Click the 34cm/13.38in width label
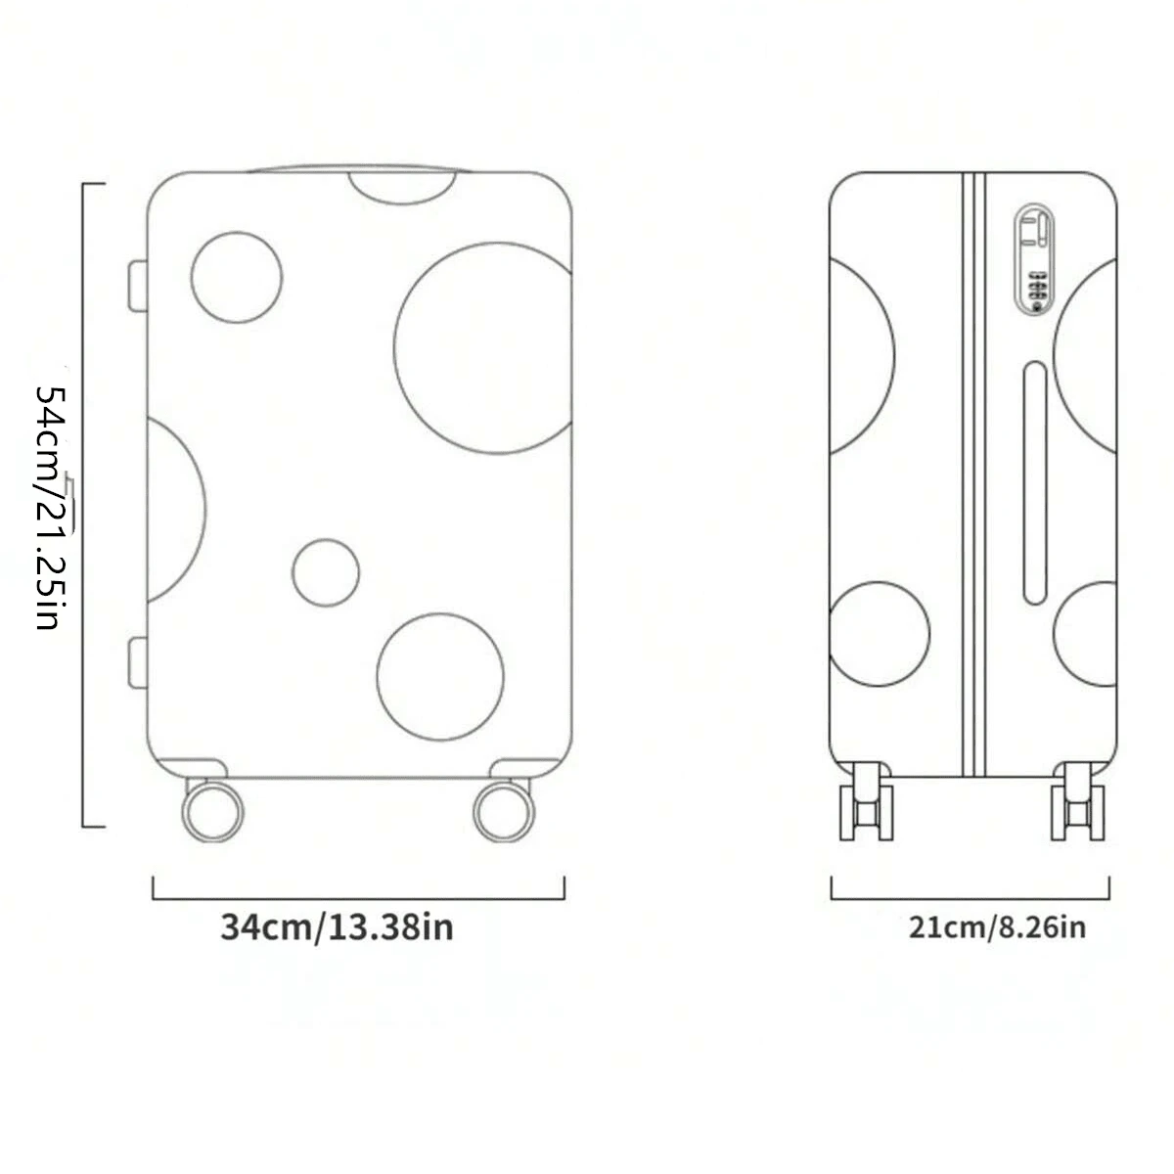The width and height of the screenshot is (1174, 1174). click(x=337, y=927)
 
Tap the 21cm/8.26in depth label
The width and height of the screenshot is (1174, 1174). click(x=997, y=927)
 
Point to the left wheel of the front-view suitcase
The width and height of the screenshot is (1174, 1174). click(x=212, y=811)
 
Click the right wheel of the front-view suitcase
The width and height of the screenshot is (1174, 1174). click(x=504, y=811)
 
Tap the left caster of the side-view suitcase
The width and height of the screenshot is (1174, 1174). click(x=867, y=801)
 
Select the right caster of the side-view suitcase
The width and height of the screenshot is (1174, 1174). click(x=1078, y=801)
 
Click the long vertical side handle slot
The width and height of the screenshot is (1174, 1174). click(x=1035, y=482)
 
